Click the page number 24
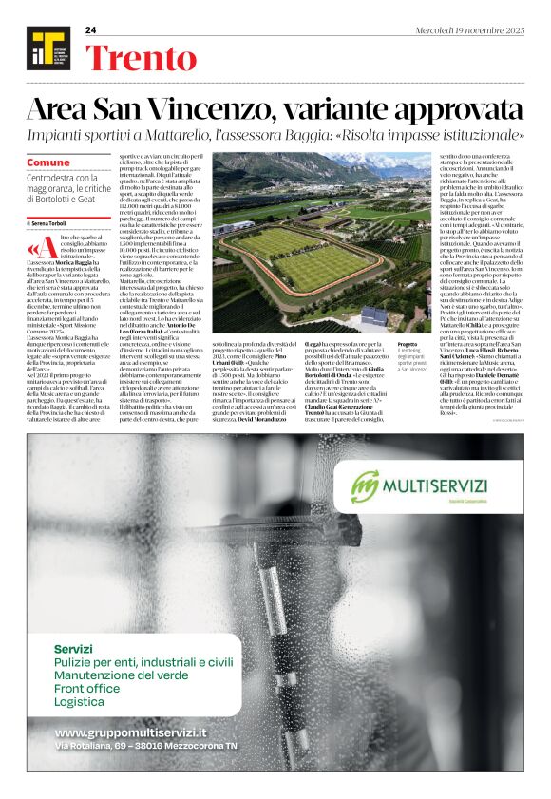[91, 30]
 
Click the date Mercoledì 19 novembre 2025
[469, 30]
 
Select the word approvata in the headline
[445, 109]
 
